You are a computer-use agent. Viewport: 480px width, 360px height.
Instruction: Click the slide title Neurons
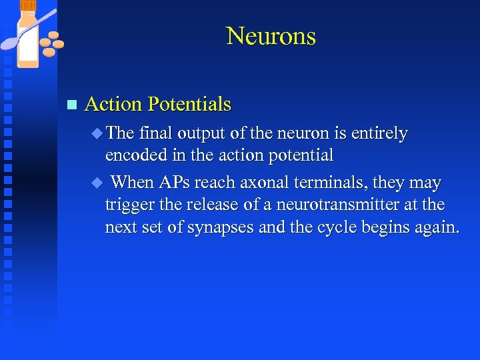pyautogui.click(x=271, y=35)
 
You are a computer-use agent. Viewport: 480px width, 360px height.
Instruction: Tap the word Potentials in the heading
pyautogui.click(x=189, y=104)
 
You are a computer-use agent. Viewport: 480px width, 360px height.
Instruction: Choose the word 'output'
pyautogui.click(x=201, y=133)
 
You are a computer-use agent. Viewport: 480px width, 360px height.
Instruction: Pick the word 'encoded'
pyautogui.click(x=131, y=156)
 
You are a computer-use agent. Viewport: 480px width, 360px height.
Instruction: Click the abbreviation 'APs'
pyautogui.click(x=175, y=183)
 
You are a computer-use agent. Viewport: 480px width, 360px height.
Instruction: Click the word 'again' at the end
pyautogui.click(x=437, y=227)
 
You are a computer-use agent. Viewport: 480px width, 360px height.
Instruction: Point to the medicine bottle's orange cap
pyautogui.click(x=29, y=7)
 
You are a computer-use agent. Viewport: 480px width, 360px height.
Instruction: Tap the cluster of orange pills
pyautogui.click(x=51, y=44)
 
